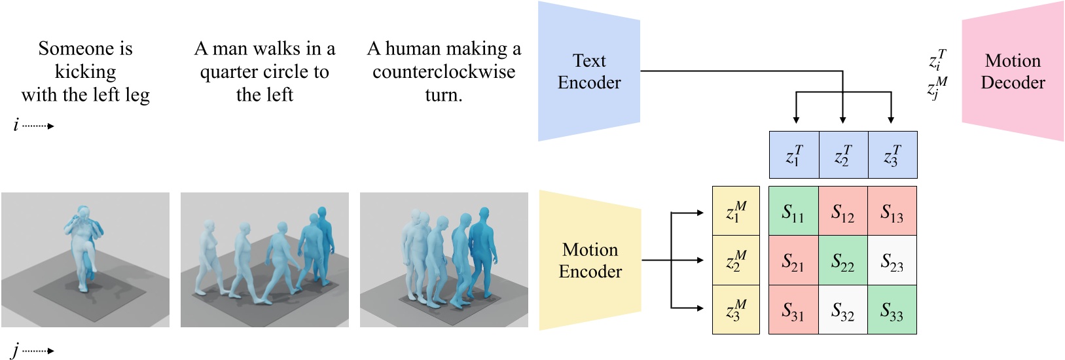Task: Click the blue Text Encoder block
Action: (x=588, y=71)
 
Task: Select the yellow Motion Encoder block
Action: (x=590, y=260)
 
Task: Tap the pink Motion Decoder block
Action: (x=1012, y=71)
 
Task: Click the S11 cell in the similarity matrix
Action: (x=793, y=211)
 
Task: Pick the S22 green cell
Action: (x=843, y=261)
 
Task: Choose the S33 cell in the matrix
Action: (x=892, y=310)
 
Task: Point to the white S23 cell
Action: (x=892, y=261)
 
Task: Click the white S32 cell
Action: (x=843, y=310)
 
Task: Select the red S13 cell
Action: (x=892, y=211)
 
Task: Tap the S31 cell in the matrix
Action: (x=793, y=310)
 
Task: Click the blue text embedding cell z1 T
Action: (x=794, y=155)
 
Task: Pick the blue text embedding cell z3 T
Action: (x=892, y=155)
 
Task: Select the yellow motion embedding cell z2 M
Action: (x=736, y=261)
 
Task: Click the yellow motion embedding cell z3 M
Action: (x=736, y=310)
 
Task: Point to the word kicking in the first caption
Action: (x=85, y=71)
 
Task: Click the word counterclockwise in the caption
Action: (x=444, y=71)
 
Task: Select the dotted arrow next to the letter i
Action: (x=38, y=126)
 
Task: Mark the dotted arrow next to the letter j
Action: (x=38, y=351)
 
